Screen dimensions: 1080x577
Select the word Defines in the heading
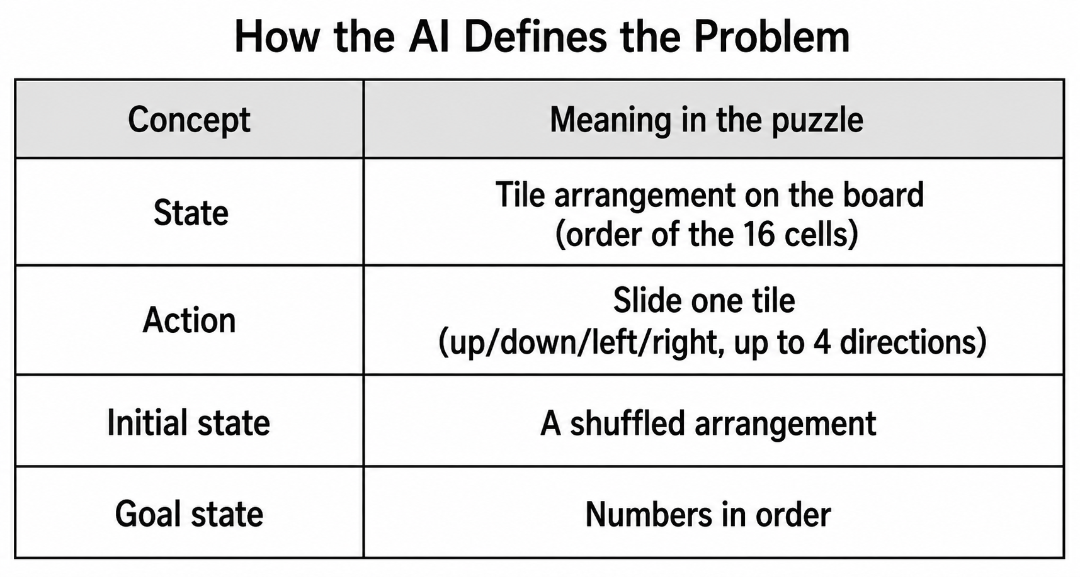coord(535,36)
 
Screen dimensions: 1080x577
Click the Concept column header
coord(189,120)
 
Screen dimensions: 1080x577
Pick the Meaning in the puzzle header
coord(707,120)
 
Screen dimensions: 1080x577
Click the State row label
coord(191,213)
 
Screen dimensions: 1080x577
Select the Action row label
coord(189,320)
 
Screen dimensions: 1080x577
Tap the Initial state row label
coord(188,422)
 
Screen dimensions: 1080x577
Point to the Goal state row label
coord(189,513)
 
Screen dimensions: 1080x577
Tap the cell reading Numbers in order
coord(708,514)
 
